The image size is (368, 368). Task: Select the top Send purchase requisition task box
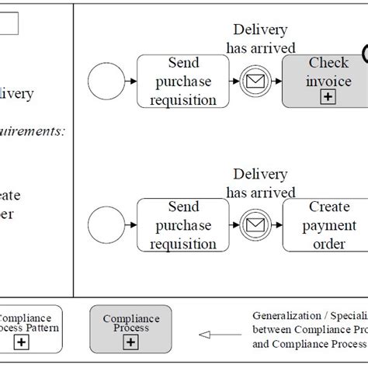[x=182, y=79]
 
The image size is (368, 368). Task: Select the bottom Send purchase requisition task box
[x=182, y=224]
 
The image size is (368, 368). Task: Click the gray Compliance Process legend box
[x=126, y=330]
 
